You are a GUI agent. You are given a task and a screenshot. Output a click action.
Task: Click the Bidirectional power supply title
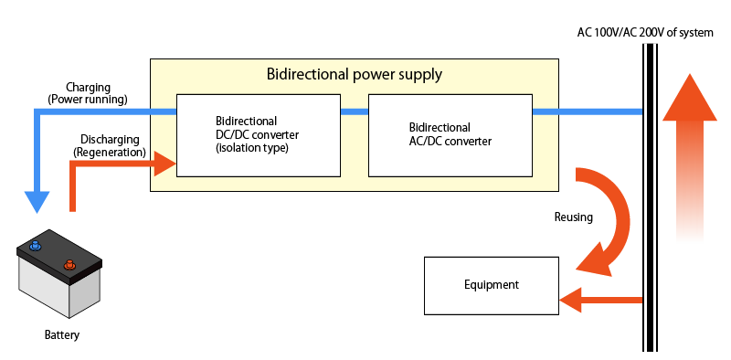pyautogui.click(x=354, y=74)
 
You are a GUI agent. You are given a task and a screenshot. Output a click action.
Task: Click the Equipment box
pyautogui.click(x=490, y=284)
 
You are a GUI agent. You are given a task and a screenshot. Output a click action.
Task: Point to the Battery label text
pyautogui.click(x=62, y=335)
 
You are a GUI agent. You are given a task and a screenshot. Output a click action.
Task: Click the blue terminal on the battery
pyautogui.click(x=35, y=246)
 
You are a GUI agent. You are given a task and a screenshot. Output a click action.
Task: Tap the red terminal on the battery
pyautogui.click(x=68, y=266)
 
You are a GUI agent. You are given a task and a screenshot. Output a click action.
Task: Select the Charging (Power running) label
pyautogui.click(x=88, y=93)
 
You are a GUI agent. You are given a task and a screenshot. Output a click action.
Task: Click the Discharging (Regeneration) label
pyautogui.click(x=110, y=145)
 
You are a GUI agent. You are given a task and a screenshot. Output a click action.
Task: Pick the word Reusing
pyautogui.click(x=573, y=217)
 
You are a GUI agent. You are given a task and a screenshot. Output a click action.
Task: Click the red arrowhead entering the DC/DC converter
pyautogui.click(x=164, y=164)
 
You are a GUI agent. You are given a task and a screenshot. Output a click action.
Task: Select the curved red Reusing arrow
pyautogui.click(x=610, y=219)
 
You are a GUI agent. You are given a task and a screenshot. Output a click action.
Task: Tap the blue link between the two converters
pyautogui.click(x=354, y=111)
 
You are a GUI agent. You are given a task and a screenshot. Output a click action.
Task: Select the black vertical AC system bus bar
pyautogui.click(x=650, y=201)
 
